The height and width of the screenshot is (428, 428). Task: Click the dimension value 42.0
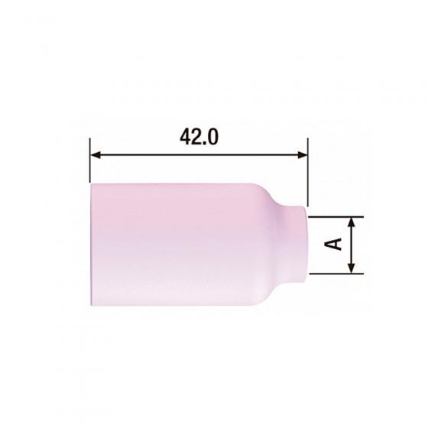pos(199,137)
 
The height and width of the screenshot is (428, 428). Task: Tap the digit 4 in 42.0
pos(185,137)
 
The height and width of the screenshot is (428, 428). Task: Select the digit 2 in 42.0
pos(197,137)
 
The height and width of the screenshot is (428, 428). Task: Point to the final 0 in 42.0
pos(213,137)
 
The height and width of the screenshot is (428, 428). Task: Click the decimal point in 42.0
pos(205,143)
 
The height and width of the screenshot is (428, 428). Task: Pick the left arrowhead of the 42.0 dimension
pos(96,155)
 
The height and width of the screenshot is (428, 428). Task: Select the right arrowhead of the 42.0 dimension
pos(303,155)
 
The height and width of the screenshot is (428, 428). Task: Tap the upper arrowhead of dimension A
pos(352,222)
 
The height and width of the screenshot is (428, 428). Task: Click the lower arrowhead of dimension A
pos(352,267)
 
